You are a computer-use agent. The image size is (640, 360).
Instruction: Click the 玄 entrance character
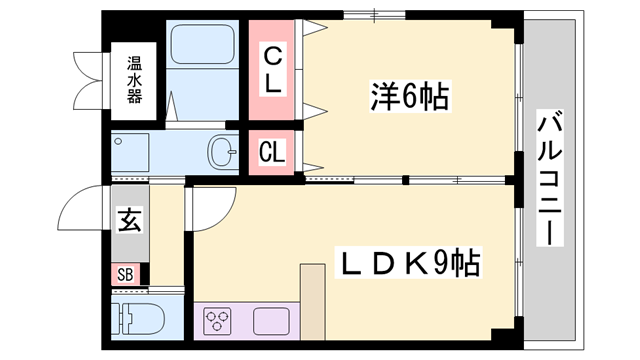pyautogui.click(x=129, y=218)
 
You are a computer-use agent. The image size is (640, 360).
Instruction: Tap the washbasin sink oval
pyautogui.click(x=221, y=153)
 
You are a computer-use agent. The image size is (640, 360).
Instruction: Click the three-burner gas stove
pyautogui.click(x=218, y=321)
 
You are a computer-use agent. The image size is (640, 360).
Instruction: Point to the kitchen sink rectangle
pyautogui.click(x=269, y=321)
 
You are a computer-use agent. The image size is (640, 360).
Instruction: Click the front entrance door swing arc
pyautogui.click(x=81, y=207)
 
